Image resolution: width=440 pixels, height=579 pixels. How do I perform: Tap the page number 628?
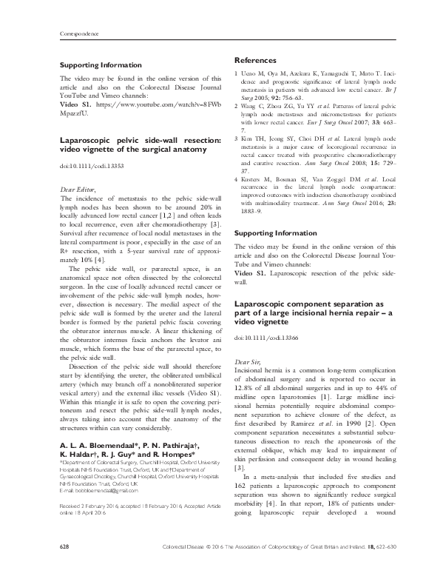(64, 566)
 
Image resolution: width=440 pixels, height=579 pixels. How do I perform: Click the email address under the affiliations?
(98, 470)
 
